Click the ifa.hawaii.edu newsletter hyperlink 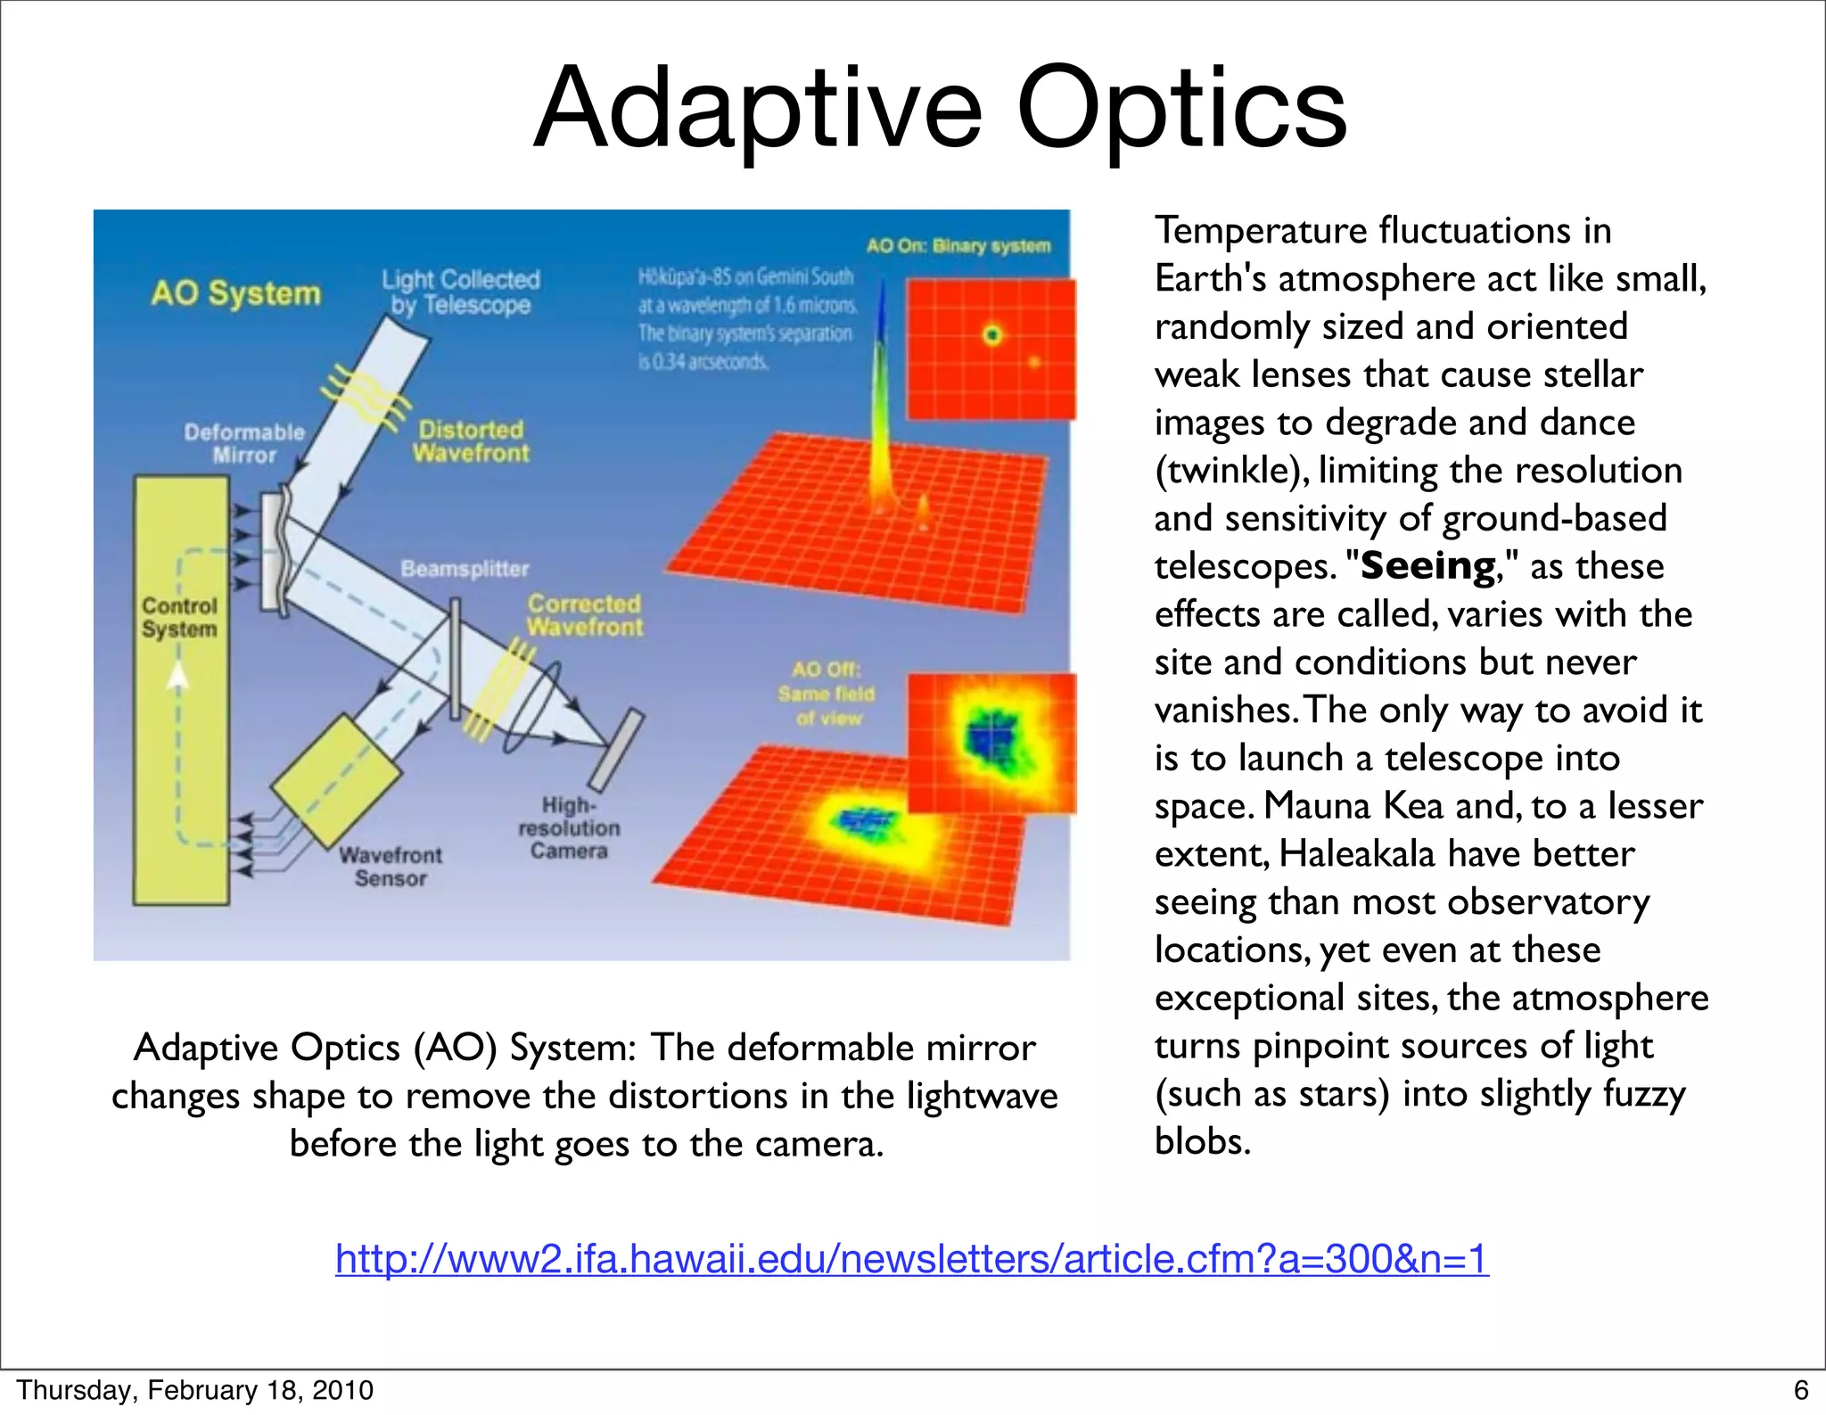pos(911,1259)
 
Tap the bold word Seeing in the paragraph pos(1427,567)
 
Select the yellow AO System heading pos(235,293)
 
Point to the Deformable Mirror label pos(243,443)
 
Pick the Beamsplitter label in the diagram pos(465,569)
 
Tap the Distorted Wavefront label pos(471,441)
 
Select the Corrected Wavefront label pos(584,615)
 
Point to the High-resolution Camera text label pos(569,828)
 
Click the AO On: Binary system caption pos(958,245)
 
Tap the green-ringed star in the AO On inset pos(991,335)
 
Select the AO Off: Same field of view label pos(827,694)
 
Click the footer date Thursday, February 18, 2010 pos(194,1390)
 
